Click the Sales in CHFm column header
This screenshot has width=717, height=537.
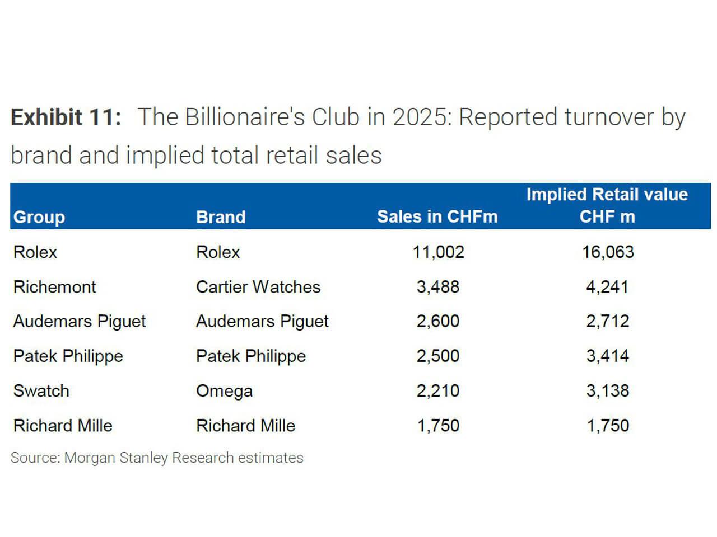tap(437, 216)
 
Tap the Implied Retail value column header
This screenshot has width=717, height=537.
tap(607, 205)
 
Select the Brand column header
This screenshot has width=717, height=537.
tap(221, 217)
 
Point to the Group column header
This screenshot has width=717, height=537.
tap(39, 217)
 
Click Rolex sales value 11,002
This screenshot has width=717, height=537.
tap(438, 252)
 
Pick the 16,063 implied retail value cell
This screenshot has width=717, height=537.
tap(608, 252)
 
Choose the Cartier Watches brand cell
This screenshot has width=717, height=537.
tap(258, 286)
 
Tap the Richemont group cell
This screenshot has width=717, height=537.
tap(55, 286)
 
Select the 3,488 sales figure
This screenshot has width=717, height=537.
tap(438, 286)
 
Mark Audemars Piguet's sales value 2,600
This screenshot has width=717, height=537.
tap(438, 321)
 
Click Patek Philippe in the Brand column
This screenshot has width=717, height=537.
tap(251, 356)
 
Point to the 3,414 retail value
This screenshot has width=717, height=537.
tap(608, 356)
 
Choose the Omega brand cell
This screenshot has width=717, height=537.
tap(224, 390)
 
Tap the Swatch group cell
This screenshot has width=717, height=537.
tap(41, 390)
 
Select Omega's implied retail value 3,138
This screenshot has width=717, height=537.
tap(608, 390)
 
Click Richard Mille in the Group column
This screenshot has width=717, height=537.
tap(63, 425)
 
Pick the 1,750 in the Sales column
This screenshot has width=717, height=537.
tap(438, 425)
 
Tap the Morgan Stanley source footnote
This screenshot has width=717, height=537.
tap(157, 458)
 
